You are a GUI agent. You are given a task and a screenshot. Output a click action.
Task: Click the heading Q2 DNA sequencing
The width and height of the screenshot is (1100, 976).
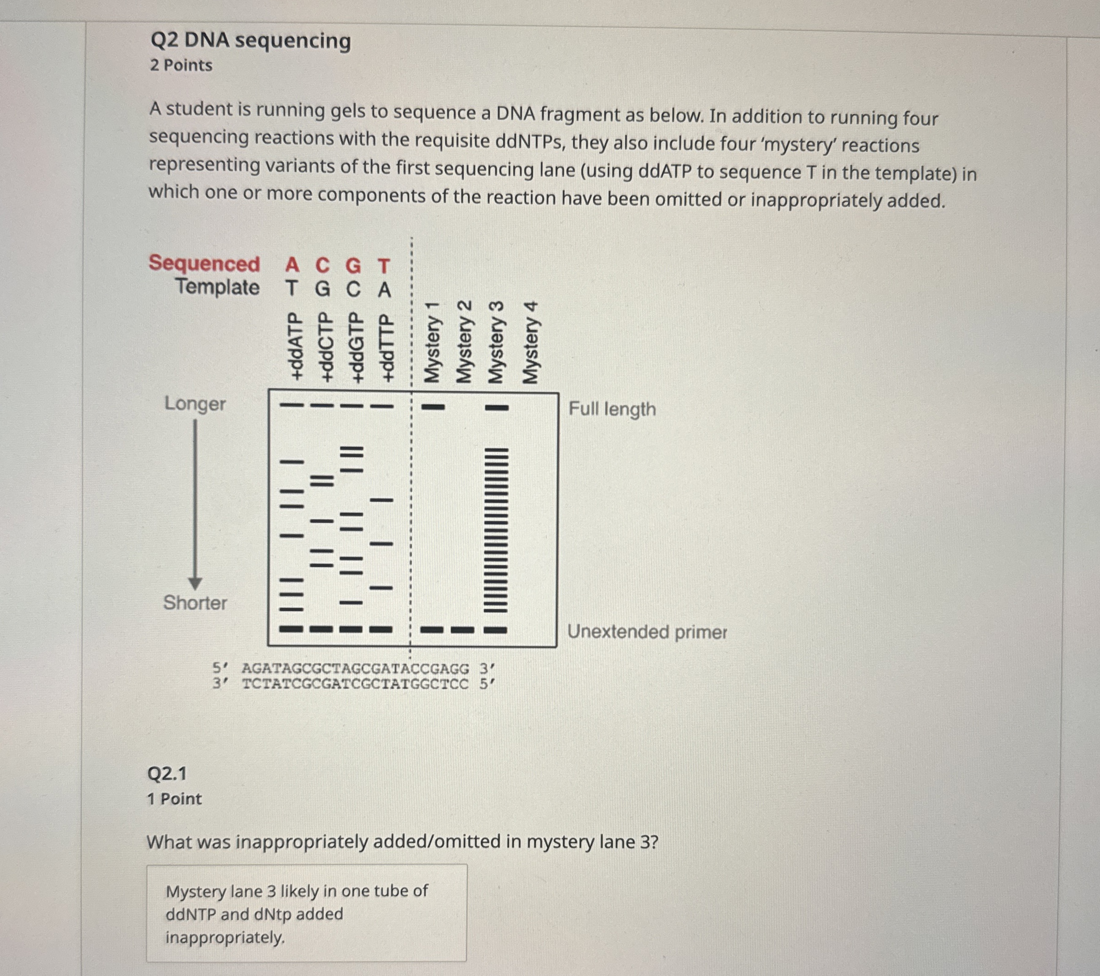[x=250, y=40]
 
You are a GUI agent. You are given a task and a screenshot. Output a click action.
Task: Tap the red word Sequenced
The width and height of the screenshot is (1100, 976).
[x=204, y=263]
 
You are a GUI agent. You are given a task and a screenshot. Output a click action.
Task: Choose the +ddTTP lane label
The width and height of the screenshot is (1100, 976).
[x=385, y=347]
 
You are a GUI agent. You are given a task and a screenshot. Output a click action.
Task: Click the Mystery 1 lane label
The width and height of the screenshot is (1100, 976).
[x=432, y=343]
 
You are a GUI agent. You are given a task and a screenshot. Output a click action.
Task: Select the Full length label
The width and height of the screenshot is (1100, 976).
[x=612, y=409]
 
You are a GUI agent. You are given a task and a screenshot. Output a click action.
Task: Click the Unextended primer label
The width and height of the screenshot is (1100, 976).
[x=646, y=632]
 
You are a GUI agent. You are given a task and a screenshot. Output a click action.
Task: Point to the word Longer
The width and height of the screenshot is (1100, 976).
[x=195, y=404]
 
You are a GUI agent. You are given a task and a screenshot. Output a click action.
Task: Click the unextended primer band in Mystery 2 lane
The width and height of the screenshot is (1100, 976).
[x=462, y=629]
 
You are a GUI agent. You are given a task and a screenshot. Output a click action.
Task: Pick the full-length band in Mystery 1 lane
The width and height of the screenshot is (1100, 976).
[x=432, y=407]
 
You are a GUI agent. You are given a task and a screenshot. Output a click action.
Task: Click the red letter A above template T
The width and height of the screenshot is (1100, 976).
[x=292, y=265]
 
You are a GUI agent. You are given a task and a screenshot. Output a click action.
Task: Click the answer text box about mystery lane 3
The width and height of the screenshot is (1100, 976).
[x=306, y=914]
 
